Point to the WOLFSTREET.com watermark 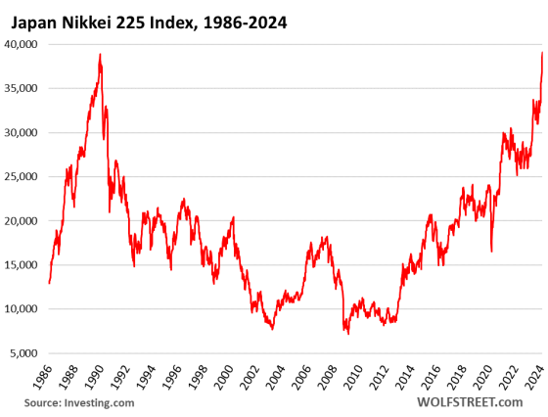[x=469, y=401]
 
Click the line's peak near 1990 [x=100, y=55]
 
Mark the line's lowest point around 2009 [x=346, y=334]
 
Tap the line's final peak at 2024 [x=542, y=53]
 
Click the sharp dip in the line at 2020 [x=491, y=252]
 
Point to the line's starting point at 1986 [x=49, y=283]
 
